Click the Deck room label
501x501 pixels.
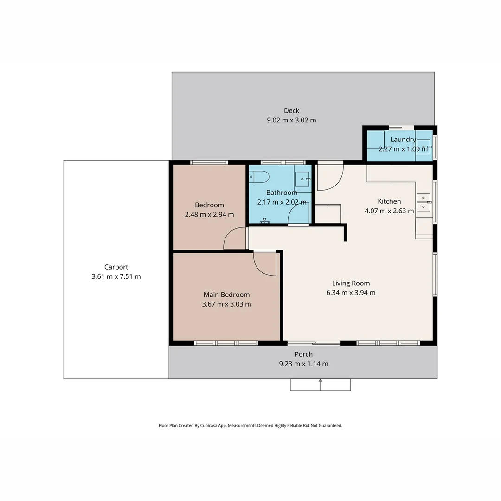pos(291,110)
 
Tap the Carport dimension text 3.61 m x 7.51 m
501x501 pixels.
pos(116,276)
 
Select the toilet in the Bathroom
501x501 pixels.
pos(259,177)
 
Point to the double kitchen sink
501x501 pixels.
pos(423,201)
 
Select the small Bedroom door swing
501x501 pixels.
pos(235,238)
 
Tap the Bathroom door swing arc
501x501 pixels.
pos(299,214)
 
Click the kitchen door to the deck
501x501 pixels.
pos(330,177)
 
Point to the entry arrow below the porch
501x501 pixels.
pos(320,384)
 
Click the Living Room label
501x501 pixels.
pos(351,283)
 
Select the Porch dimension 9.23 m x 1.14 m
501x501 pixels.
pos(303,364)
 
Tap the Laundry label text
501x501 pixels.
pos(403,139)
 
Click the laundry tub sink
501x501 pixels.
pos(424,146)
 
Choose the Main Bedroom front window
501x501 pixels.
pos(225,343)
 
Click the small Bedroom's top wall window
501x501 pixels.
pos(209,162)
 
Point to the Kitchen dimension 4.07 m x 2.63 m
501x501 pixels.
pos(389,211)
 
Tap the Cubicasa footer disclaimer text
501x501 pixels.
pos(250,425)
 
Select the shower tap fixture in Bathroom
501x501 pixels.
pos(265,221)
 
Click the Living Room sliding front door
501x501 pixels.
pos(314,343)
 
